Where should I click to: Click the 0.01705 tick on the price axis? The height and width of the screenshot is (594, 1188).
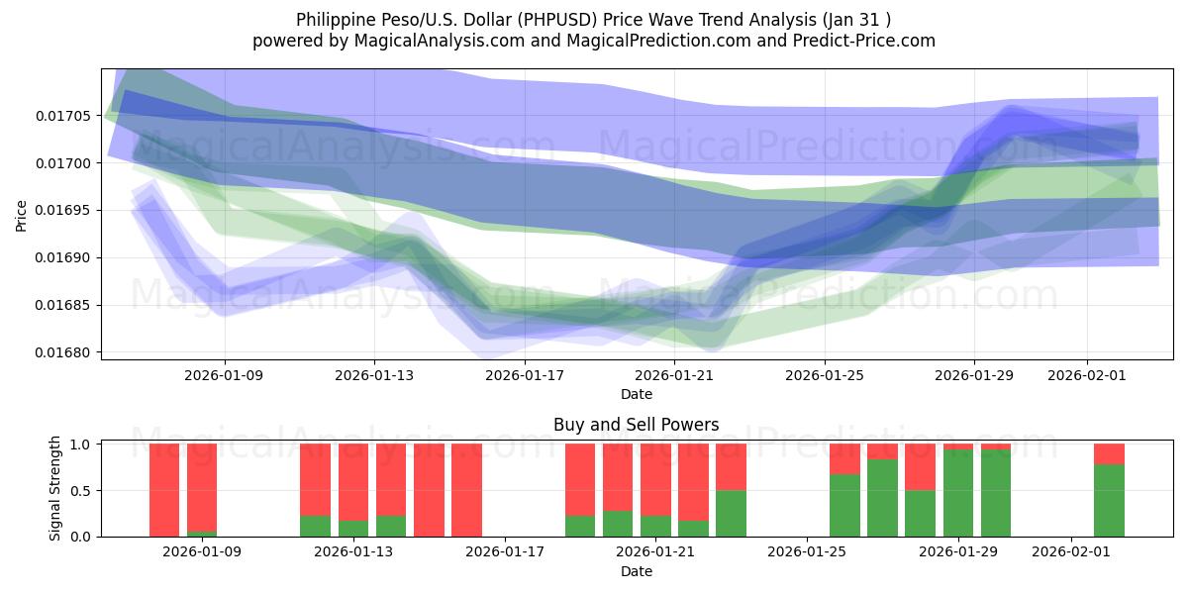(x=62, y=116)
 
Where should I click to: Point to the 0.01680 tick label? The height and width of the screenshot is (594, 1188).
(x=62, y=352)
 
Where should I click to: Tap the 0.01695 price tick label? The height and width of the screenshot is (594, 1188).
(x=62, y=211)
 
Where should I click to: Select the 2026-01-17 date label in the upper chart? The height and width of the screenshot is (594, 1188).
(x=524, y=375)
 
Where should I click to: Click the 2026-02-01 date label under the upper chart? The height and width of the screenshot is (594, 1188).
(x=1087, y=375)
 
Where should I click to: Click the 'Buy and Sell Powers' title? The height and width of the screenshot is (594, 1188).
(x=636, y=425)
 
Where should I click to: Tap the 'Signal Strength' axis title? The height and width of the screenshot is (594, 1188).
(x=55, y=488)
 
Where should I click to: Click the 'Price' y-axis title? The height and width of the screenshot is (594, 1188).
(x=22, y=216)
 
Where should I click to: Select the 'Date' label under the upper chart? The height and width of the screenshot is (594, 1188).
(x=636, y=394)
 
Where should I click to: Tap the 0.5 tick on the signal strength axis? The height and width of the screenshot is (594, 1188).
(x=81, y=491)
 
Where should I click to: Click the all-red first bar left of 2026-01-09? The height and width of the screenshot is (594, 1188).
(x=164, y=490)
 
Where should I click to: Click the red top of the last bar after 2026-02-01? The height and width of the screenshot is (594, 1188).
(x=1109, y=453)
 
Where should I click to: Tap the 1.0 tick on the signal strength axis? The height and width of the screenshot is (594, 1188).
(x=81, y=445)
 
